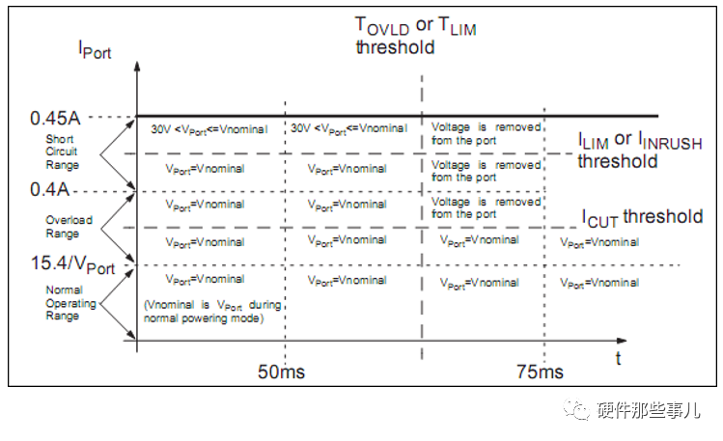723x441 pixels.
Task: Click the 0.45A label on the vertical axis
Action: pos(55,118)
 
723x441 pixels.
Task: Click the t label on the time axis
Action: pos(619,358)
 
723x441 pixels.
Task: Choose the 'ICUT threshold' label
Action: pos(642,217)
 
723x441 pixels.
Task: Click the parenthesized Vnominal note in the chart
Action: pos(211,312)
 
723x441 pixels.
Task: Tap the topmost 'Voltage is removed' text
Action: pos(486,133)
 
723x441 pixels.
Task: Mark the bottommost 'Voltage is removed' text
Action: pos(486,208)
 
